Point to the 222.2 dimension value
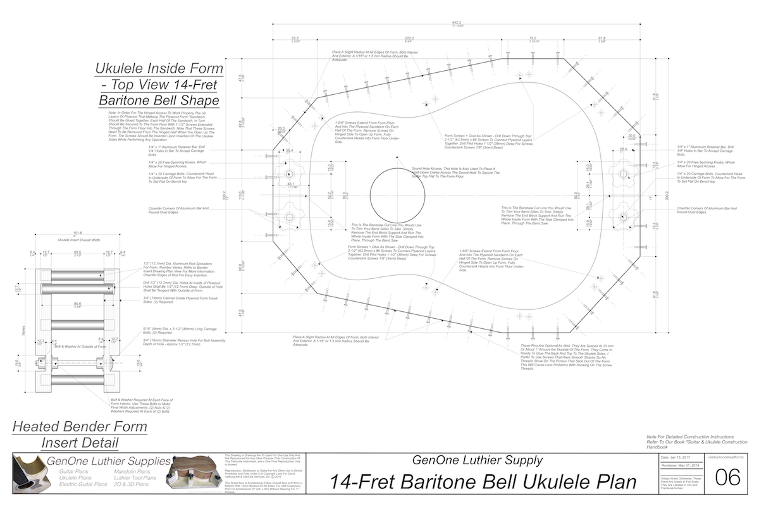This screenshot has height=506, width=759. tap(409, 39)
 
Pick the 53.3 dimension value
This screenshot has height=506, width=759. tap(295, 39)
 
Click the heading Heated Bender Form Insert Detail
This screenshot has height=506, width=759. tap(80, 434)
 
